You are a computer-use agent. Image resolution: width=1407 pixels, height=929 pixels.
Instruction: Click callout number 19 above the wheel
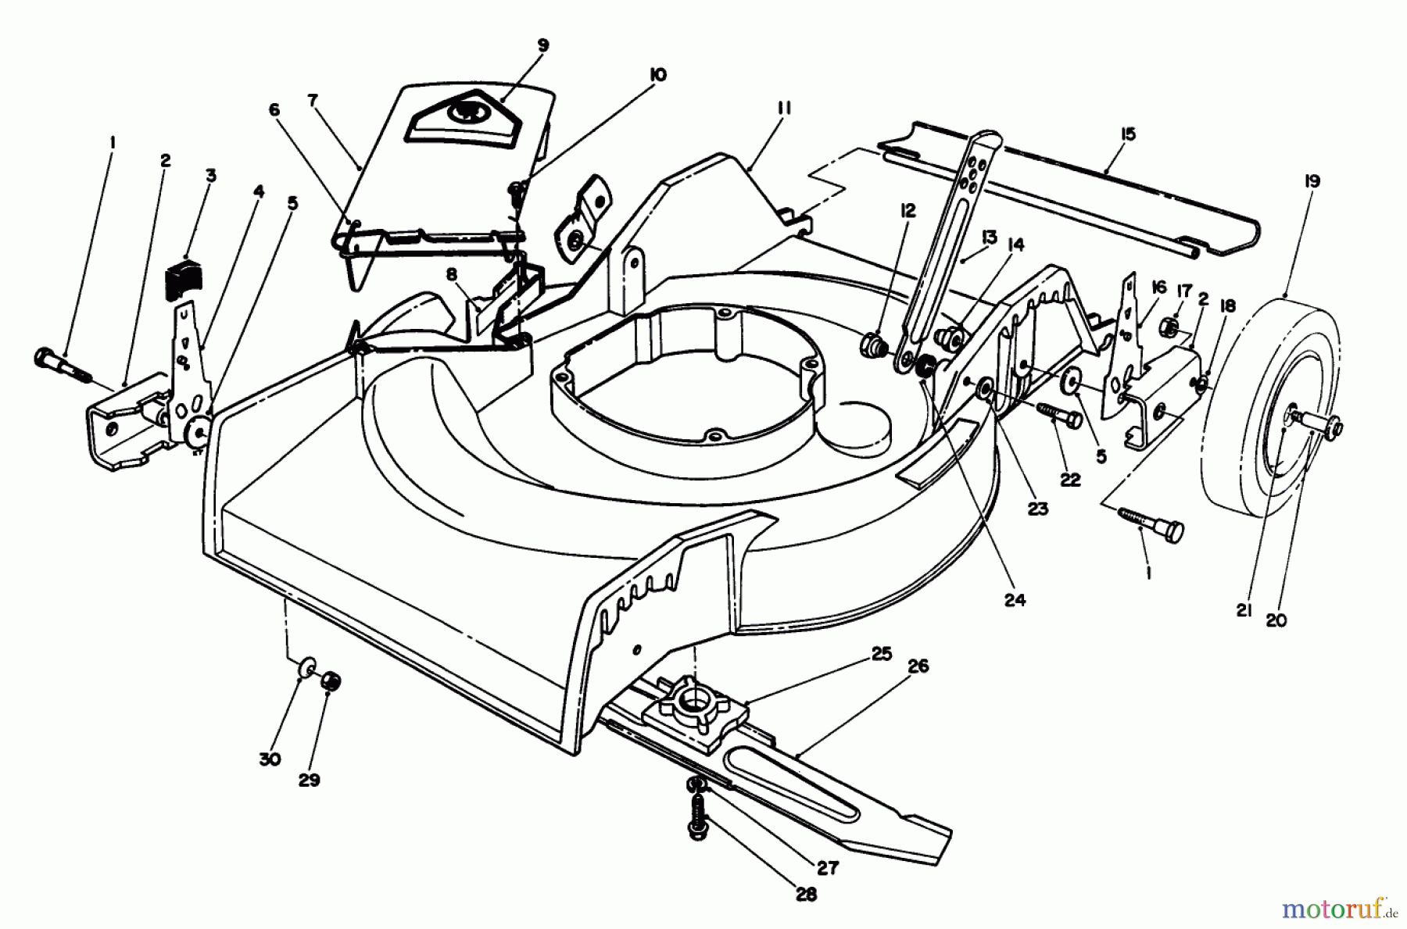[x=1312, y=182]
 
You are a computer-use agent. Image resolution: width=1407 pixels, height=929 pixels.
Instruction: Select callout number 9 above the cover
[x=542, y=46]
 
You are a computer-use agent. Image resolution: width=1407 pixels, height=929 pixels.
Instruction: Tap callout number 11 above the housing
[x=784, y=109]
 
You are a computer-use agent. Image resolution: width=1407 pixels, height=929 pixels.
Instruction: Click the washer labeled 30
[x=305, y=668]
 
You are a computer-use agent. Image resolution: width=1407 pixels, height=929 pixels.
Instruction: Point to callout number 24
[x=1015, y=600]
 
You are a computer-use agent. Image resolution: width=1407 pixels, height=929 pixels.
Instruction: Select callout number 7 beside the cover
[x=313, y=101]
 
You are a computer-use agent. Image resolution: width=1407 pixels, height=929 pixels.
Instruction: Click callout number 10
[x=657, y=75]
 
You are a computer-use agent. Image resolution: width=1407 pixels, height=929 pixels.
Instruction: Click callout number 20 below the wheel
[x=1275, y=620]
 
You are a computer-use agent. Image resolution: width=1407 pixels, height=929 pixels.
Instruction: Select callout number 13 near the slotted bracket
[x=989, y=235]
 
